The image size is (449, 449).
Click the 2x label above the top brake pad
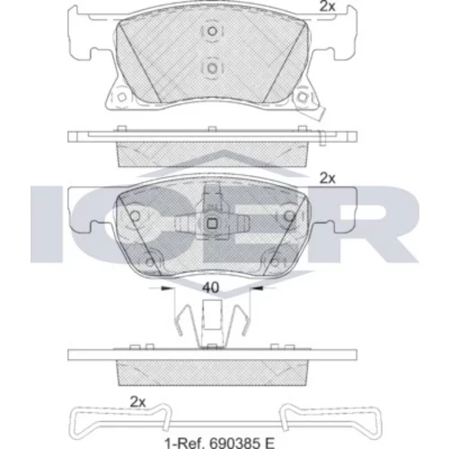click(x=328, y=6)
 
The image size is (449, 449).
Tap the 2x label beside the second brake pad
click(x=328, y=179)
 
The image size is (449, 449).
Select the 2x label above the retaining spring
click(x=137, y=401)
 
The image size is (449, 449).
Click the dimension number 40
click(x=211, y=287)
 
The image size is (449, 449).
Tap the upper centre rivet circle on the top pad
click(x=212, y=31)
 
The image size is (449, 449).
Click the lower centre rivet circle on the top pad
click(x=212, y=68)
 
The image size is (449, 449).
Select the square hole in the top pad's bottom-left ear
click(x=121, y=97)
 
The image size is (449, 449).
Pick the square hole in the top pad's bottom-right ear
click(x=302, y=97)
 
